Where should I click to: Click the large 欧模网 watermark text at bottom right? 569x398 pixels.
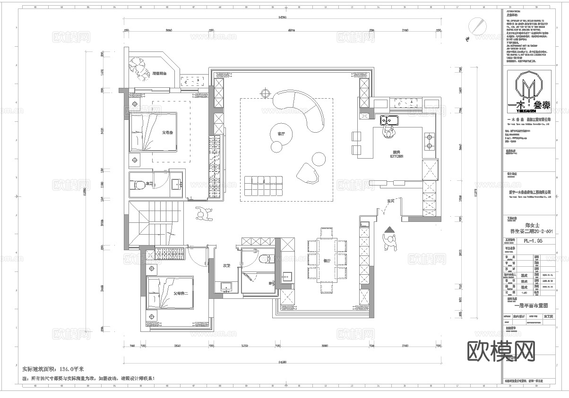point(501,350)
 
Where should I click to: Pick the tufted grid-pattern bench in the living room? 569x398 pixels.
point(263,185)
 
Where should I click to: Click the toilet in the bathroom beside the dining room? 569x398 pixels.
point(266,259)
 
